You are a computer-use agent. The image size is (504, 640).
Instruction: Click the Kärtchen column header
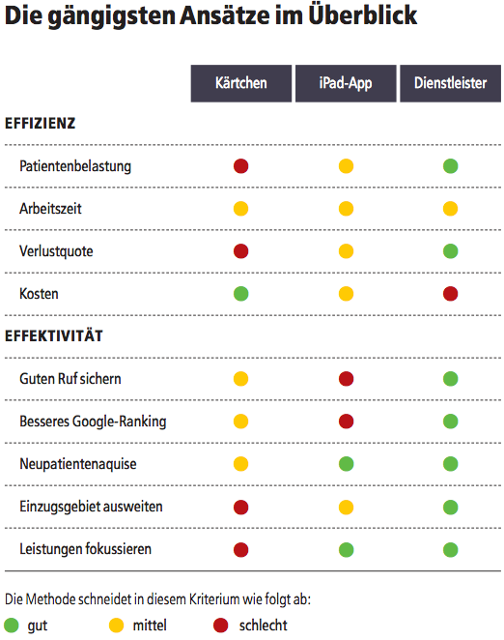[x=241, y=83]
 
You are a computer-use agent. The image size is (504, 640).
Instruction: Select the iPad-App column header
[x=346, y=83]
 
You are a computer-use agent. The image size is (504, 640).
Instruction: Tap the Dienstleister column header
[x=451, y=83]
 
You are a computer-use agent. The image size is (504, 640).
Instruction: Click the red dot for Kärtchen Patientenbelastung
[x=241, y=166]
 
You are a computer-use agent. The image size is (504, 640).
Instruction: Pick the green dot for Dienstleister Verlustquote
[x=451, y=251]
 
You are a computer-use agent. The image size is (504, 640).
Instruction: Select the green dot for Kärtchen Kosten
[x=241, y=294]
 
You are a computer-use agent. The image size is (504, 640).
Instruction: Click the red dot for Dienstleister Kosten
[x=451, y=294]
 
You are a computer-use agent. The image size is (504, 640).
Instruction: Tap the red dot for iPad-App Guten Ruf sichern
[x=347, y=379]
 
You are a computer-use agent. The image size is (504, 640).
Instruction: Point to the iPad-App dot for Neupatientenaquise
[x=347, y=464]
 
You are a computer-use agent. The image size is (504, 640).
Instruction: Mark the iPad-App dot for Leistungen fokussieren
[x=347, y=549]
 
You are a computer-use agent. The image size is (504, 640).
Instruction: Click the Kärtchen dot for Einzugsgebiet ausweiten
[x=241, y=507]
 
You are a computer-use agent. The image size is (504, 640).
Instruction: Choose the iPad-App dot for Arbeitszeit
[x=347, y=209]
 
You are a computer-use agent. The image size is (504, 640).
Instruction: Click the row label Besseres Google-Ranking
[x=93, y=422]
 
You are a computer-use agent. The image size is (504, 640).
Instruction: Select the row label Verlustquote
[x=56, y=251]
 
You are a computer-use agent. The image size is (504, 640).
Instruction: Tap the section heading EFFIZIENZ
[x=40, y=124]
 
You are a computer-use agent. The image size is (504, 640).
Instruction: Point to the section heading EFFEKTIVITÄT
[x=54, y=335]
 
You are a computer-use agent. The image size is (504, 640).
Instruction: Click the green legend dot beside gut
[x=12, y=625]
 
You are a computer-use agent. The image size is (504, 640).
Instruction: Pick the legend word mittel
[x=150, y=625]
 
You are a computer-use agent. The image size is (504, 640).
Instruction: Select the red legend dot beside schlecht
[x=221, y=625]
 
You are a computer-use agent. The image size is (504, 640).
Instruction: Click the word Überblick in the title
[x=362, y=15]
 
